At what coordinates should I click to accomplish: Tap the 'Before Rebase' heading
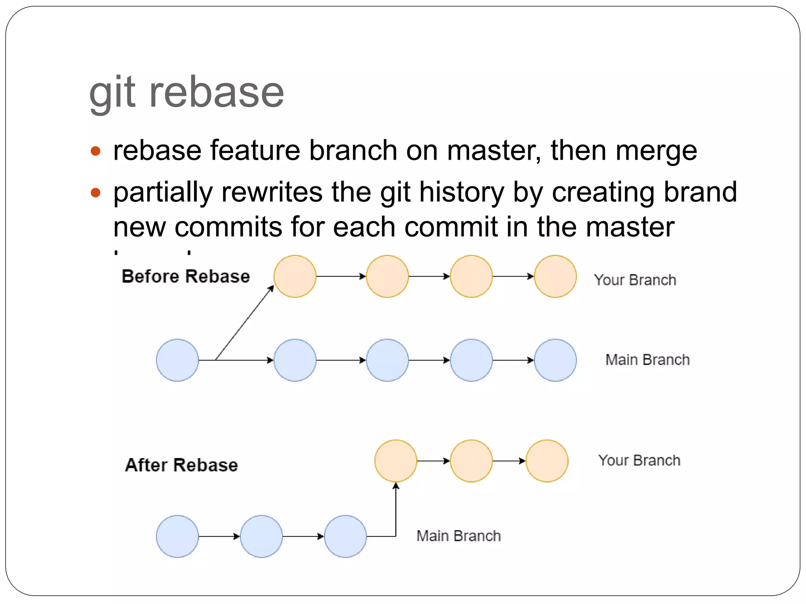tap(186, 276)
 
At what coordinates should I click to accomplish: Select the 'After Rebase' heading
tap(181, 465)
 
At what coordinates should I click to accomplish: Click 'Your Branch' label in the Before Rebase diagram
tap(635, 280)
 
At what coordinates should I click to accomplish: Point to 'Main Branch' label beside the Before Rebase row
tap(647, 360)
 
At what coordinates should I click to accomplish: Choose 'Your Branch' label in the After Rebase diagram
tap(639, 460)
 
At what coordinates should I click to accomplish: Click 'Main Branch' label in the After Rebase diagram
tap(458, 536)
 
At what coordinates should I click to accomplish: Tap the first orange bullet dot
tap(96, 151)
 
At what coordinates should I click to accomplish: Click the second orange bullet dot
tap(96, 193)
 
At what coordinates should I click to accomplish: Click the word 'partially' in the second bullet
tap(163, 193)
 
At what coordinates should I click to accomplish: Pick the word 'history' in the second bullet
tap(461, 193)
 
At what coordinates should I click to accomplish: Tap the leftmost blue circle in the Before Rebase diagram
tap(177, 360)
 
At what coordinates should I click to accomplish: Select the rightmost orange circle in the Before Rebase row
tap(555, 276)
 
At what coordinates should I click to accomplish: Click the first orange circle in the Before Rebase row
tap(295, 276)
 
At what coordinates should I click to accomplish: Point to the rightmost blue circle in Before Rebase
tap(555, 360)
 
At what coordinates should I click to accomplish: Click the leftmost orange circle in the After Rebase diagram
tap(396, 461)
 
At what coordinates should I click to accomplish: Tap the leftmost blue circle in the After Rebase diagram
tap(177, 536)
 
